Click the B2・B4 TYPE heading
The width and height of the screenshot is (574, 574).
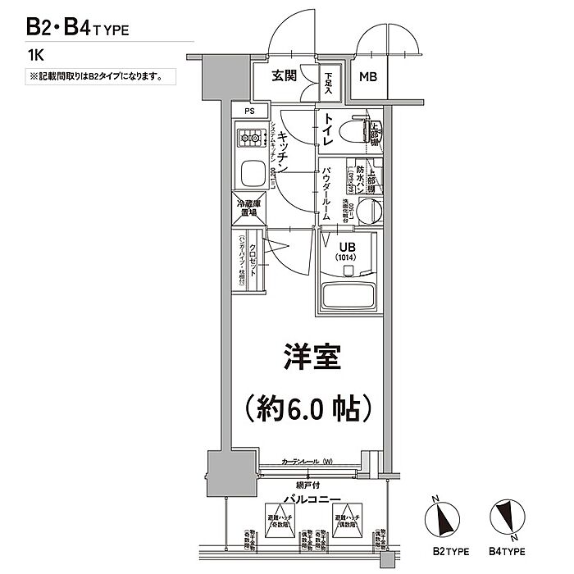(x=78, y=26)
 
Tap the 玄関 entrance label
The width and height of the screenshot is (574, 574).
(x=285, y=76)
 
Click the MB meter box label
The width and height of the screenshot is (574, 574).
(x=368, y=79)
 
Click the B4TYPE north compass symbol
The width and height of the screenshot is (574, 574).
(x=504, y=517)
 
